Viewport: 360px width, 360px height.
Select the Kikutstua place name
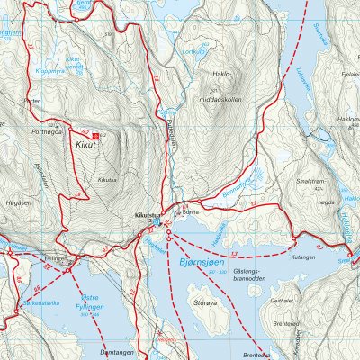(x=146, y=217)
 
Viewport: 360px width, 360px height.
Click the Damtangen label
(x=116, y=352)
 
